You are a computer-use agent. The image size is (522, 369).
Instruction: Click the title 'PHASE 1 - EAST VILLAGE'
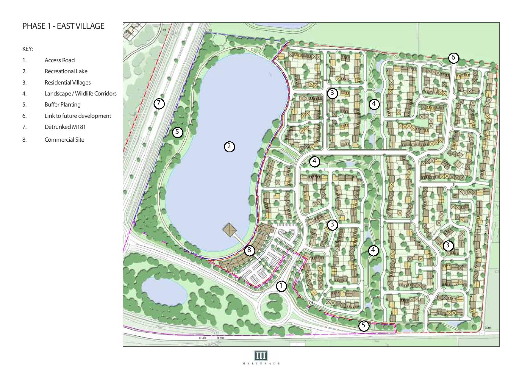pos(63,26)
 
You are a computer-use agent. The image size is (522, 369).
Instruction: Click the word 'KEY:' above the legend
pos(27,49)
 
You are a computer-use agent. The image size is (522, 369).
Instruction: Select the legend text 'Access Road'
pos(60,60)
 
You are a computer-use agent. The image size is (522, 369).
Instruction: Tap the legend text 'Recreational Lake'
pos(66,71)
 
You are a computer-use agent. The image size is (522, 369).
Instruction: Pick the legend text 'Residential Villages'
pos(68,82)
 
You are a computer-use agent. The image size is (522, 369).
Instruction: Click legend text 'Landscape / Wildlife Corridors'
pos(80,93)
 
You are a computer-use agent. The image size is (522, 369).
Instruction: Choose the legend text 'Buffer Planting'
pos(62,104)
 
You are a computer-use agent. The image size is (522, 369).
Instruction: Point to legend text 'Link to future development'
pos(78,116)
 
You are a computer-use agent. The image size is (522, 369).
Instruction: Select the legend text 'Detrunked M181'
pos(65,127)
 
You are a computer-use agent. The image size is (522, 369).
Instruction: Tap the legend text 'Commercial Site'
pos(64,140)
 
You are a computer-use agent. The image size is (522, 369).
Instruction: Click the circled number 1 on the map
pos(281,286)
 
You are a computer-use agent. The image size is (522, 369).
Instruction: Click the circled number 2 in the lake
pos(229,146)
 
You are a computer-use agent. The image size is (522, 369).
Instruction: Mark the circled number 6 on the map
pos(453,57)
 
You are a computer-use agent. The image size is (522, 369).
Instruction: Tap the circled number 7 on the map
pos(159,104)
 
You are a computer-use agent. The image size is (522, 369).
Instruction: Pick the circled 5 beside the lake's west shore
pos(177,132)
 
